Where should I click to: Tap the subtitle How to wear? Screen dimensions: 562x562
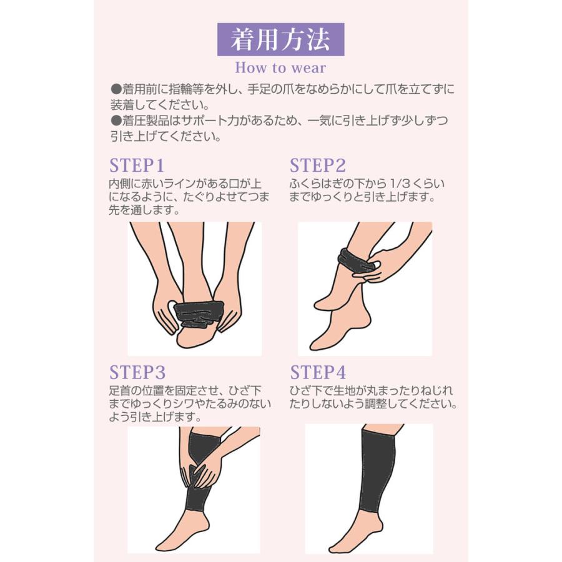coord(280,67)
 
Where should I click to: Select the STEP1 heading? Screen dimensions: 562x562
coord(136,165)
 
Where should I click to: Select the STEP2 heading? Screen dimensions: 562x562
coord(317,165)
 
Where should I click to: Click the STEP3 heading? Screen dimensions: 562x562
coord(137,373)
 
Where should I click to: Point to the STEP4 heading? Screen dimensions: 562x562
coord(317,373)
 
